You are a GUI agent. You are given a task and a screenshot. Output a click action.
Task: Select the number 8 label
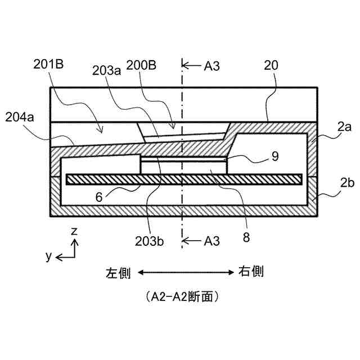[246, 237]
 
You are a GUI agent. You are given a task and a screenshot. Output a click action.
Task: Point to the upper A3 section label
[210, 65]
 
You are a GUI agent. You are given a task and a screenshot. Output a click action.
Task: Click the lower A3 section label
[210, 241]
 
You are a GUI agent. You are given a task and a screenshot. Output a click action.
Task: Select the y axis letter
[49, 256]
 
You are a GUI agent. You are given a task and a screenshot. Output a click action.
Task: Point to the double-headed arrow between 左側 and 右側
[184, 273]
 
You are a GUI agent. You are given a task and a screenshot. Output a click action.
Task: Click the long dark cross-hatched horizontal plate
[184, 179]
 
